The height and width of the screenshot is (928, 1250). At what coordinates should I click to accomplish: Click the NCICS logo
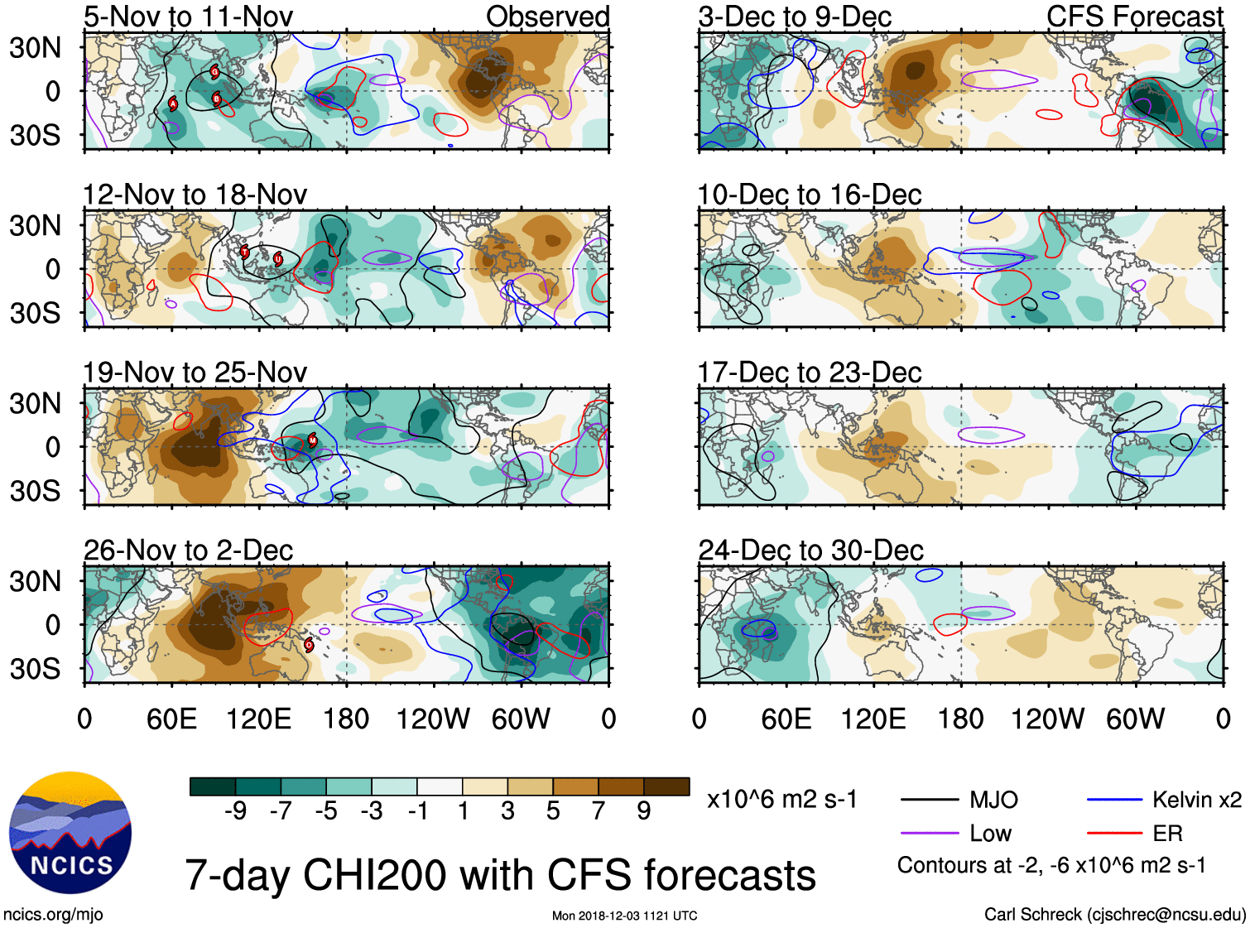pyautogui.click(x=70, y=833)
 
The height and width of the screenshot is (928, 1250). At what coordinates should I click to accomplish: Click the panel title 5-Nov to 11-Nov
pyautogui.click(x=188, y=17)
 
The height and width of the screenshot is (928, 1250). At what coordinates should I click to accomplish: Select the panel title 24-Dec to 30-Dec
pyautogui.click(x=810, y=551)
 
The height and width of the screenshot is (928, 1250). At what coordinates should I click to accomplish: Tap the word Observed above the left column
pyautogui.click(x=547, y=17)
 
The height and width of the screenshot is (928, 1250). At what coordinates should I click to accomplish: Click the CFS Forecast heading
pyautogui.click(x=1134, y=17)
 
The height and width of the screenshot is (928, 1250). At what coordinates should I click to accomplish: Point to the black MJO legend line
pyautogui.click(x=929, y=800)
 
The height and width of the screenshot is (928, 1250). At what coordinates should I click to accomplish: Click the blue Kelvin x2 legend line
pyautogui.click(x=1114, y=800)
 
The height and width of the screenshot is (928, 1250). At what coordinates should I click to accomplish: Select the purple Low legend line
pyautogui.click(x=929, y=834)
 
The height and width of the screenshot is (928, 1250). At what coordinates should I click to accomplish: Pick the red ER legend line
pyautogui.click(x=1114, y=834)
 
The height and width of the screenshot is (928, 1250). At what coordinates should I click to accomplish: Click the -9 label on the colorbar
pyautogui.click(x=235, y=811)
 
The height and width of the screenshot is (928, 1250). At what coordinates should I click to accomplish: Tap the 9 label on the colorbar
pyautogui.click(x=644, y=811)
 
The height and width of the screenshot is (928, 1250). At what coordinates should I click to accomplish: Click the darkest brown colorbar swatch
pyautogui.click(x=666, y=786)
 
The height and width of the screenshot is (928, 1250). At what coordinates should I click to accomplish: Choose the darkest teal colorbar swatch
pyautogui.click(x=213, y=786)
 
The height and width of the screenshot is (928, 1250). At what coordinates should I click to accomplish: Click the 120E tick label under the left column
pyautogui.click(x=258, y=719)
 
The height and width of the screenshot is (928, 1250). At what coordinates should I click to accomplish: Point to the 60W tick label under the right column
pyautogui.click(x=1135, y=719)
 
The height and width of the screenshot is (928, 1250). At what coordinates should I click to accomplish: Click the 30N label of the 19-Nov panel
pyautogui.click(x=36, y=404)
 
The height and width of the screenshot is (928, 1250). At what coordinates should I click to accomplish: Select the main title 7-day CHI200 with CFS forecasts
pyautogui.click(x=500, y=875)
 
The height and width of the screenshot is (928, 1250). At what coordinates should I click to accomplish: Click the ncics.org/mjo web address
pyautogui.click(x=53, y=915)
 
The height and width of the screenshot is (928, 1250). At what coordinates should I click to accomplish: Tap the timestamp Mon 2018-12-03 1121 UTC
pyautogui.click(x=624, y=916)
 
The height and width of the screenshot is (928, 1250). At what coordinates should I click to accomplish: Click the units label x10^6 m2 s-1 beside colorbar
pyautogui.click(x=781, y=800)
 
